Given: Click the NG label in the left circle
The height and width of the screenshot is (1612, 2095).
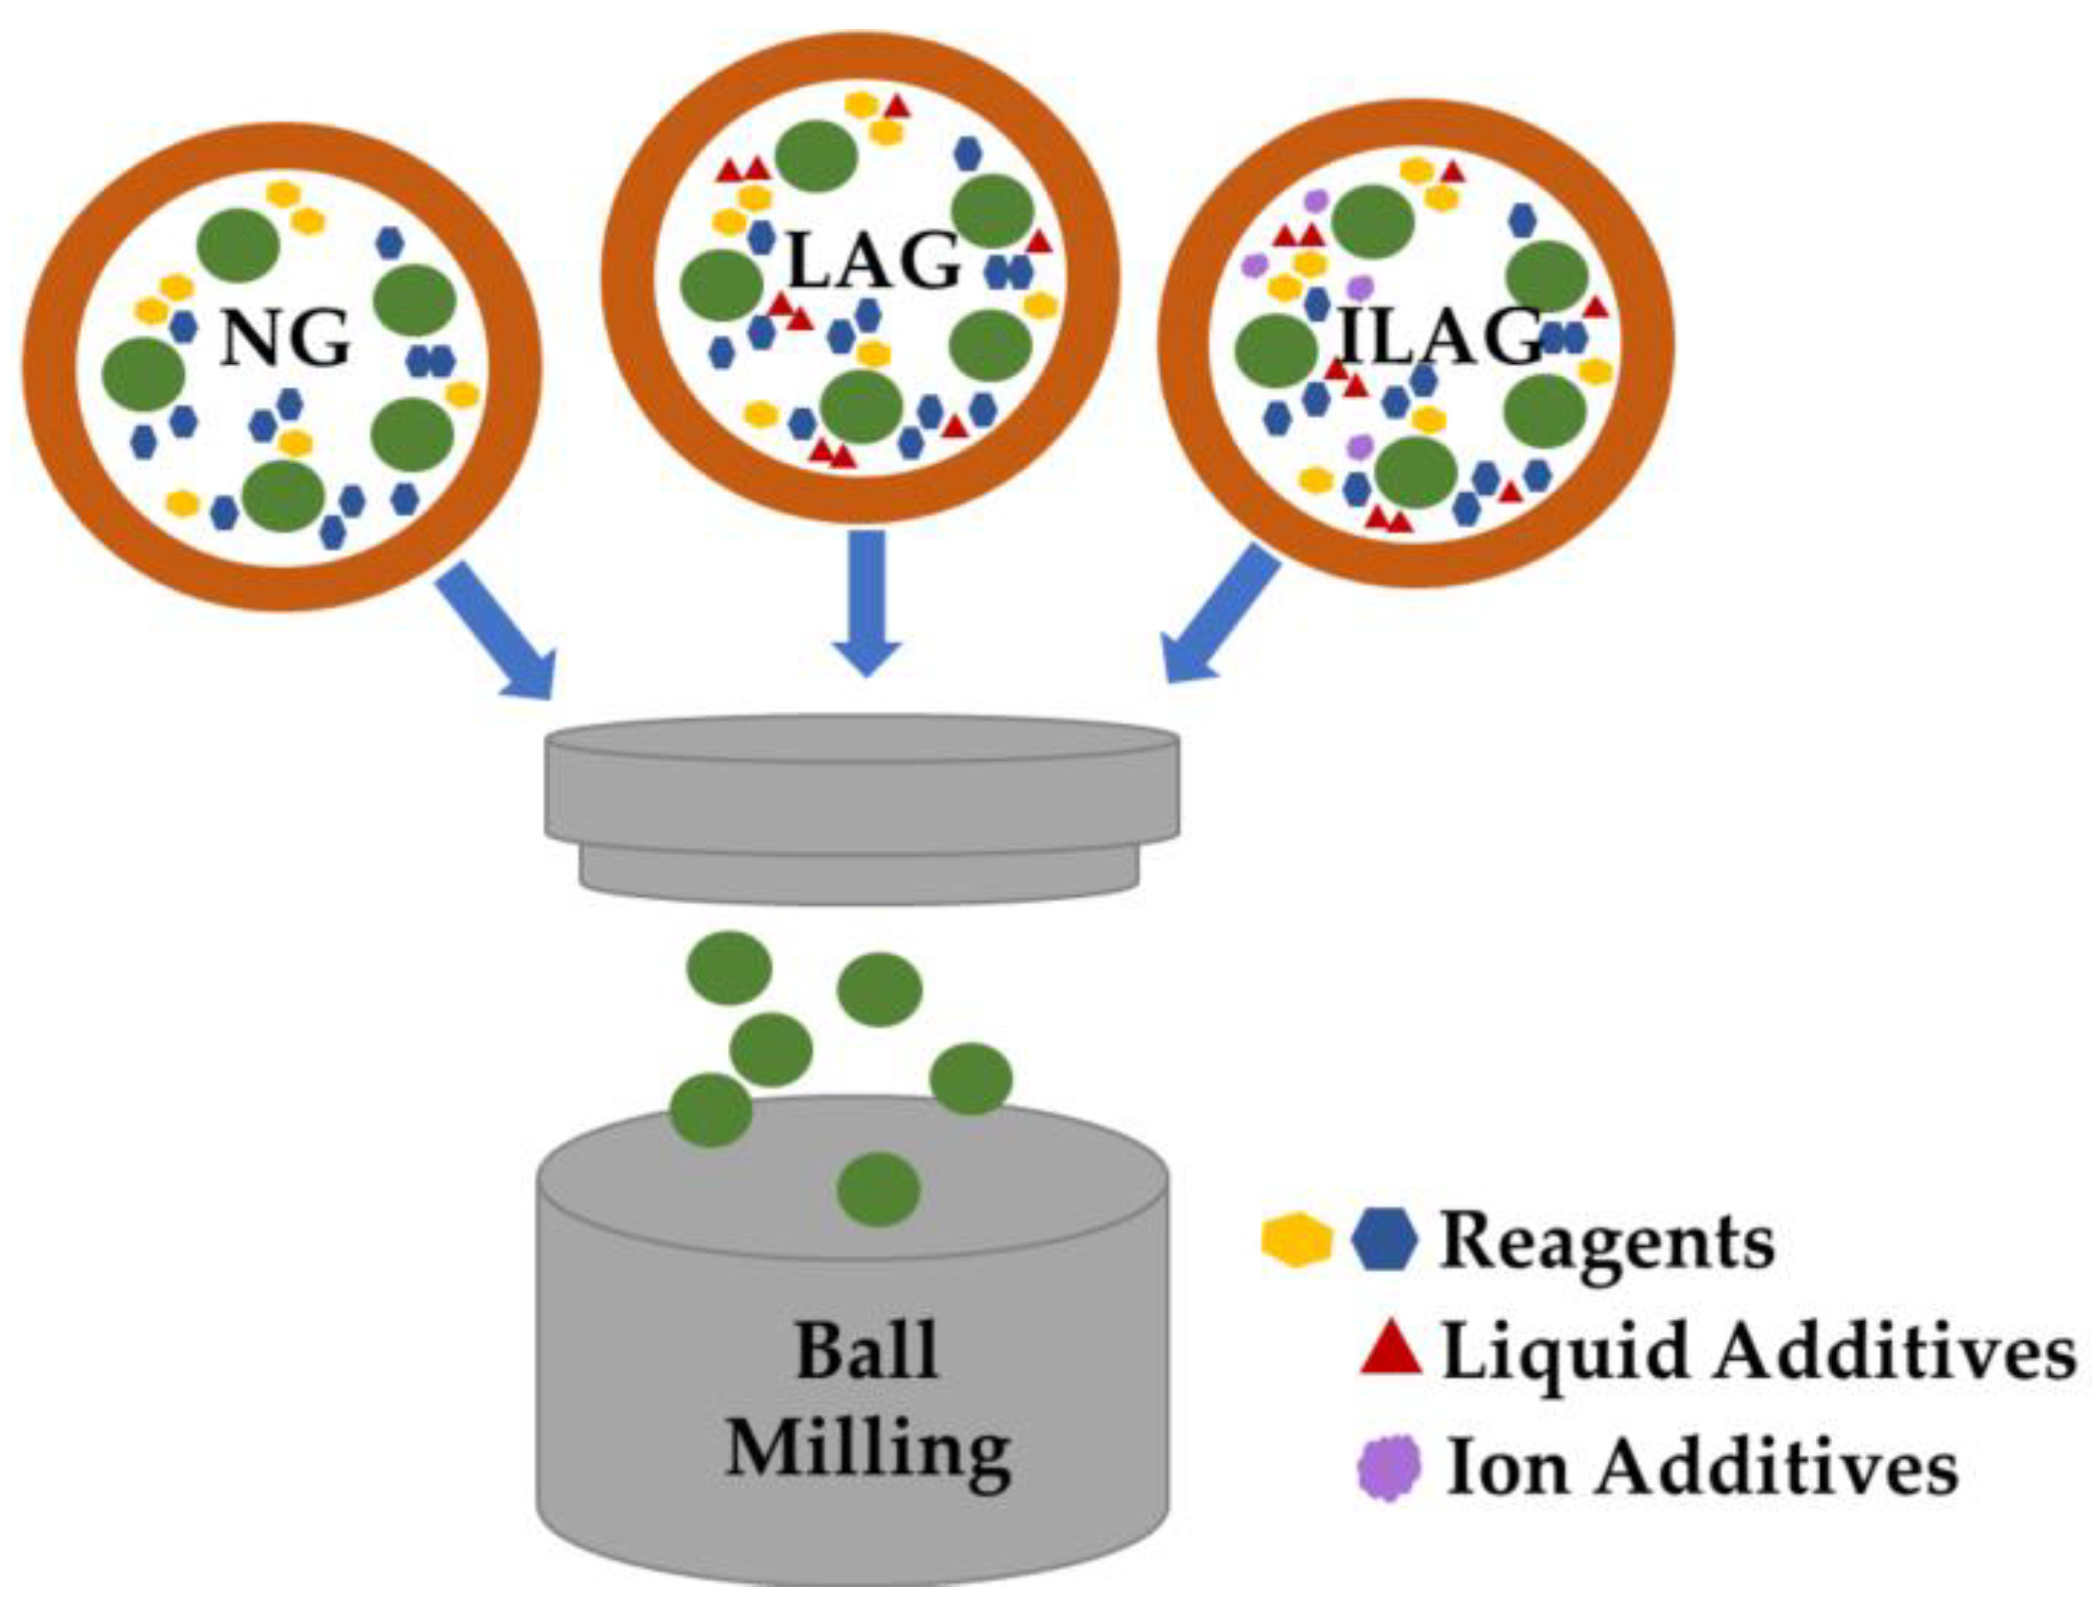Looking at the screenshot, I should coord(285,340).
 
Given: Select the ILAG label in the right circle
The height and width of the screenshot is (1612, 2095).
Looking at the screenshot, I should coord(1441,337).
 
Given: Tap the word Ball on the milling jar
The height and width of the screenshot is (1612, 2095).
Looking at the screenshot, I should coord(866,1352).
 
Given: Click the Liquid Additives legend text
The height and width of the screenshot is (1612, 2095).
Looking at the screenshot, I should coord(1758,1352).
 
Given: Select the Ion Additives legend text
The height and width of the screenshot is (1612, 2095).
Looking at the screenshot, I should coord(1702,1468).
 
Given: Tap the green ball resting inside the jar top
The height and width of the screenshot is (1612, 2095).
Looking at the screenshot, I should coord(878,1189).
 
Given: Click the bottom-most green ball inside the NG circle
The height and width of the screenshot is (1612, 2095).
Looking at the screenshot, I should coord(282,496).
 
